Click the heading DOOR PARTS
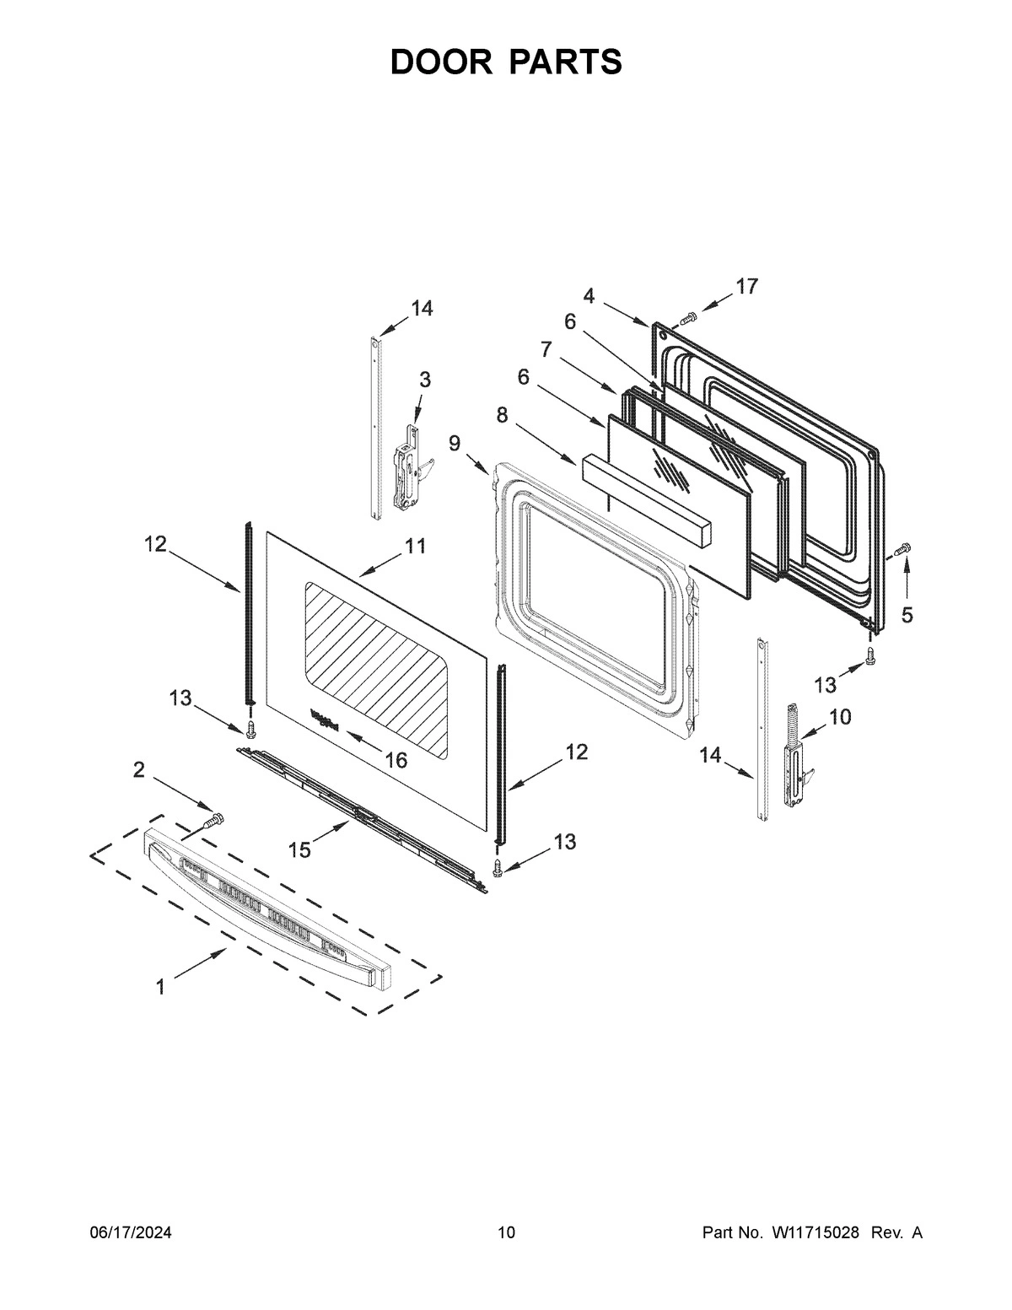tap(506, 62)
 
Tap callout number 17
tap(746, 287)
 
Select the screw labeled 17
tap(688, 317)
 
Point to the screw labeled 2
tap(213, 819)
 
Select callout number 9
tap(455, 442)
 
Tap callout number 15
tap(299, 849)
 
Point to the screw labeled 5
tap(900, 550)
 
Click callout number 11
tap(415, 547)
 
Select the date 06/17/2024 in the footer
tap(131, 1233)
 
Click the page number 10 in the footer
tap(506, 1233)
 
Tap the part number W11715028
tap(814, 1233)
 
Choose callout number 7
tap(546, 348)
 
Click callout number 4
tap(589, 295)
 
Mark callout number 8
tap(502, 415)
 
